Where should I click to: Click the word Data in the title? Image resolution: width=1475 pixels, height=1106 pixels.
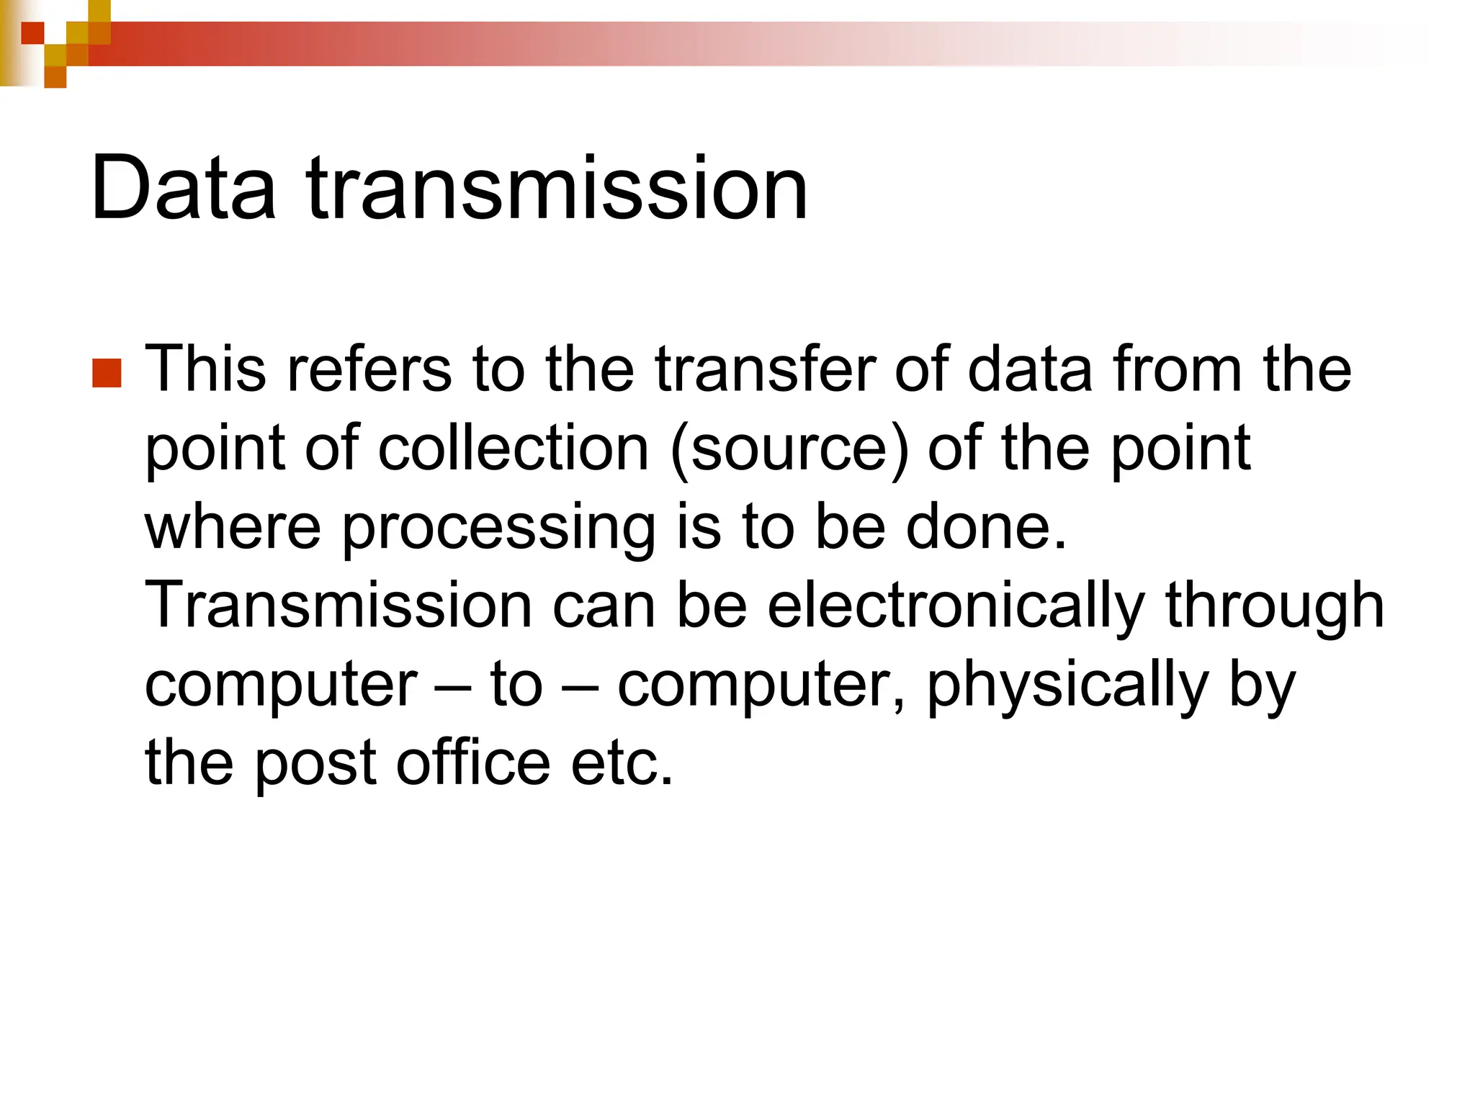tap(183, 188)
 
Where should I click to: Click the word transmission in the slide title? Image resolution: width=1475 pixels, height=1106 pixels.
tap(557, 188)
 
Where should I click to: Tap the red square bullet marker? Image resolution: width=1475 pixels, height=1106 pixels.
tap(107, 373)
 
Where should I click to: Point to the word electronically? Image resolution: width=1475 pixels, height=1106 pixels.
tap(956, 606)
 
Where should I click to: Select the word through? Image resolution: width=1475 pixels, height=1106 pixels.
tap(1275, 606)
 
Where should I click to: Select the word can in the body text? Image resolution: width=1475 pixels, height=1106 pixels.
tap(604, 606)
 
